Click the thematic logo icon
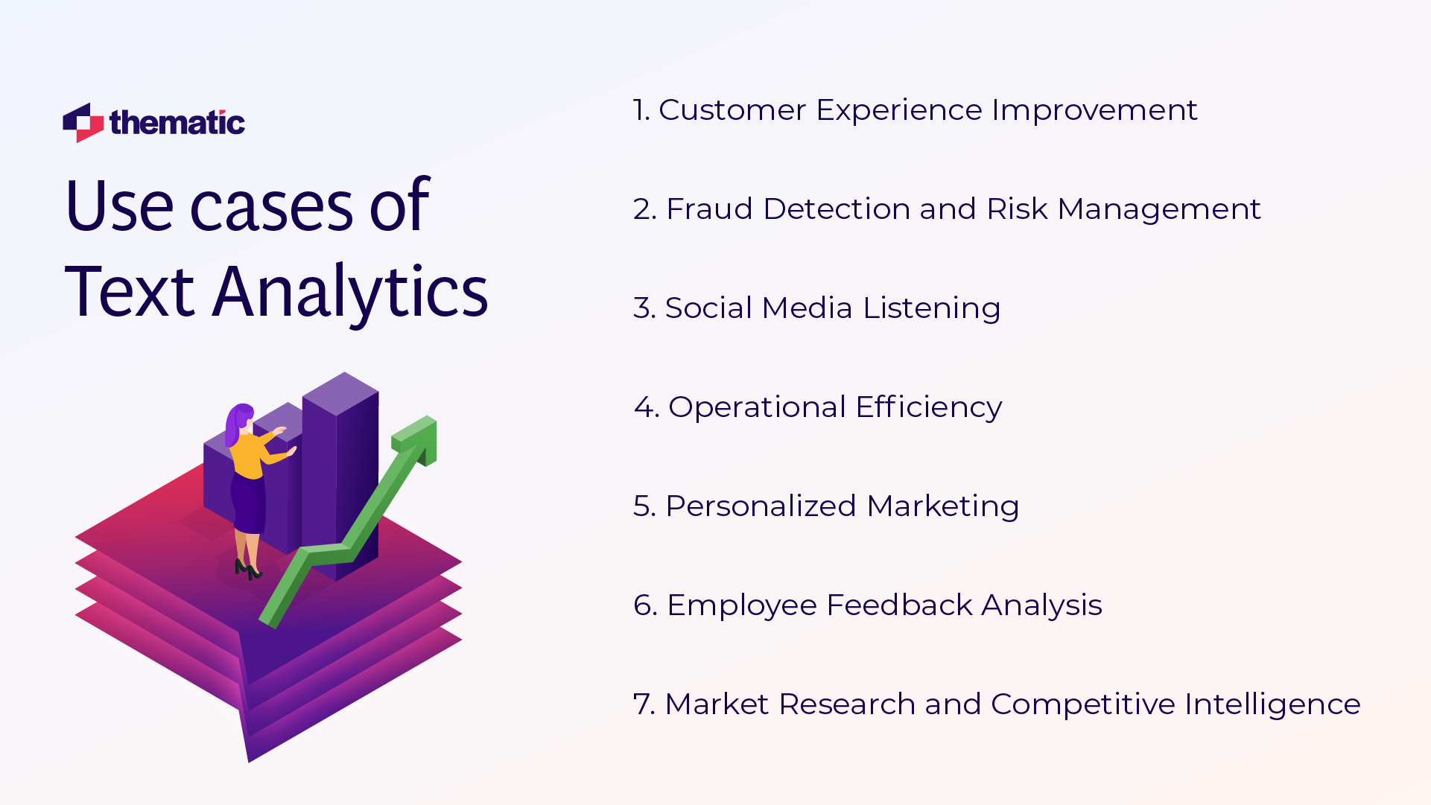pos(83,123)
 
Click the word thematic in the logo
pos(177,123)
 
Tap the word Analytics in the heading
pos(350,292)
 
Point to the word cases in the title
pos(271,207)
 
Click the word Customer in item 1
pos(732,110)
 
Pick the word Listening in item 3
pos(931,308)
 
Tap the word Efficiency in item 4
pos(928,407)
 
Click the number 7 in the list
pos(641,704)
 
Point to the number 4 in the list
pos(642,407)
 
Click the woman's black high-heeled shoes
pos(247,570)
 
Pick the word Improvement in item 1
pos(1094,110)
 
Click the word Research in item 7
pos(846,704)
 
